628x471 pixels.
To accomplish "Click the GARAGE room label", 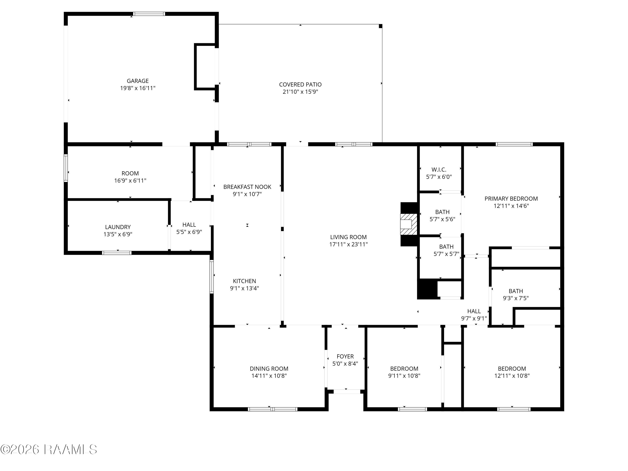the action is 138,81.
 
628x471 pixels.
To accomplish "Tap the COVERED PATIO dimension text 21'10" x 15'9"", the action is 300,92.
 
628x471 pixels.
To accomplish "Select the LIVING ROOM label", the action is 348,237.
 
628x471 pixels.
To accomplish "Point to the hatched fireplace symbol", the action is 409,224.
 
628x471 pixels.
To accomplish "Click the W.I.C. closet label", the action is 439,170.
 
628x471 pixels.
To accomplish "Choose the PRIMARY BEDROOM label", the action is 511,199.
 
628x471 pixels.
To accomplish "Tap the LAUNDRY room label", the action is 118,227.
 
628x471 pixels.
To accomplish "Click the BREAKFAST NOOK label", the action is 247,187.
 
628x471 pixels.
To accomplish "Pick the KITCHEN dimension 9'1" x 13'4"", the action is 245,288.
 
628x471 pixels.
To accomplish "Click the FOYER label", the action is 345,356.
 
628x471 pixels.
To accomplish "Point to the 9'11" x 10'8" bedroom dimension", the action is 404,376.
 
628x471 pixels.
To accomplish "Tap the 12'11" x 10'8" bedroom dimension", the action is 512,376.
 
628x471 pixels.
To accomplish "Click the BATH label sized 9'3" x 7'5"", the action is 516,291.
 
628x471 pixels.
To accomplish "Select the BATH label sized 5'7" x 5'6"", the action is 442,212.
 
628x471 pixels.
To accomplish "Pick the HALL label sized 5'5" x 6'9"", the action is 189,225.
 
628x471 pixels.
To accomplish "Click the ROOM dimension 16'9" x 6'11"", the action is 130,181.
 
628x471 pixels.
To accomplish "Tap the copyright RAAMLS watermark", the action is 49,449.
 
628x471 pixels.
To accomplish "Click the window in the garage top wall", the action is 149,14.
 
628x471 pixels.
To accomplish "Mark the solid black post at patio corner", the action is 381,26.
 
